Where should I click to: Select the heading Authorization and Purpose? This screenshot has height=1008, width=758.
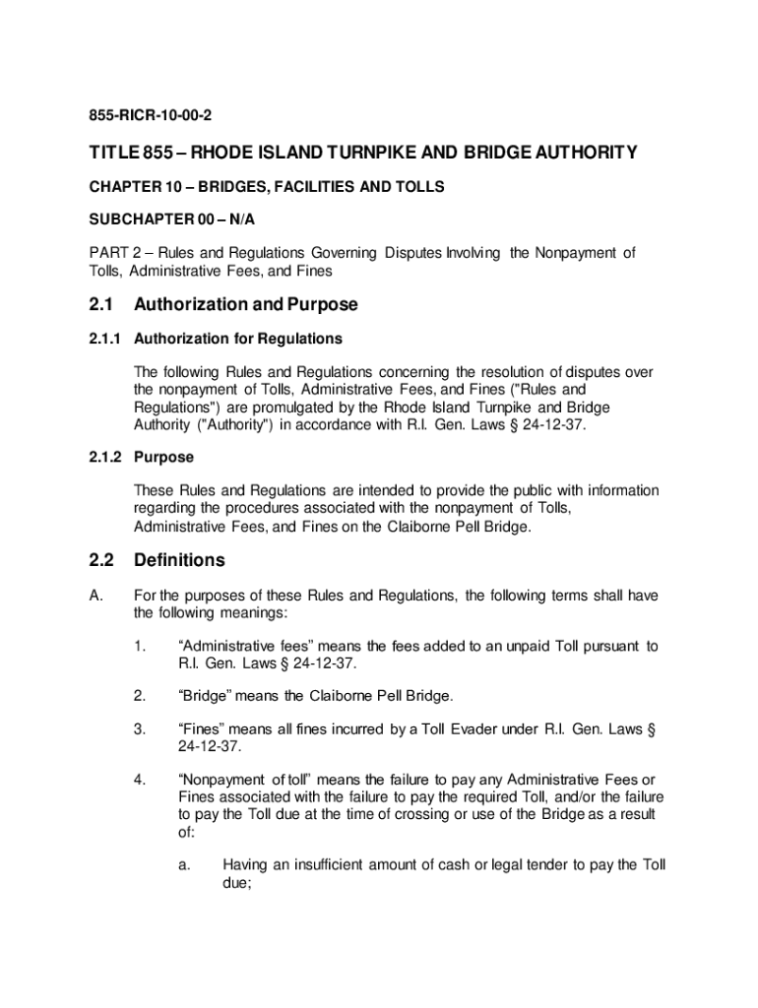(245, 304)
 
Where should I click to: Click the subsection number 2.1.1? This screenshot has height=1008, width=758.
(103, 339)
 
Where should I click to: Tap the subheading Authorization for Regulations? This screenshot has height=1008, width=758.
(238, 339)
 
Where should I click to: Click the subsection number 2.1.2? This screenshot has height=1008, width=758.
(103, 457)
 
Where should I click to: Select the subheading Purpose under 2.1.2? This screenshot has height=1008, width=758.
(163, 457)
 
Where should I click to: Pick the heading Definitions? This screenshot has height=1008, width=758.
(179, 560)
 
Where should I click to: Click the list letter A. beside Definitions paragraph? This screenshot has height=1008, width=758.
(95, 596)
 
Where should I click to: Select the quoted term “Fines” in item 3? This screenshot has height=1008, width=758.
(203, 729)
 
